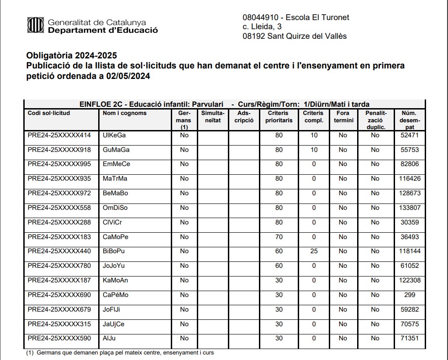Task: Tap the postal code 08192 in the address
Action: pyautogui.click(x=253, y=36)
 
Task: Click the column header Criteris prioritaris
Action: pyautogui.click(x=279, y=117)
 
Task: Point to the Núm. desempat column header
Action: pyautogui.click(x=409, y=120)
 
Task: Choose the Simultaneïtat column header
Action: pyautogui.click(x=213, y=117)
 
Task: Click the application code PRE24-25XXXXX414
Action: pyautogui.click(x=59, y=136)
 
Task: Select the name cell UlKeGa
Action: pyautogui.click(x=114, y=136)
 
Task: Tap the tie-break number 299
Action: pyautogui.click(x=410, y=295)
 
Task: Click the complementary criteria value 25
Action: pyautogui.click(x=314, y=251)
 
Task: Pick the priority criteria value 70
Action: pyautogui.click(x=279, y=237)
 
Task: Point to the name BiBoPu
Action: pyautogui.click(x=115, y=251)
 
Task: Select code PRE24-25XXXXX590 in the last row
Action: pyautogui.click(x=59, y=339)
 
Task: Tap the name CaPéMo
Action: pyautogui.click(x=116, y=295)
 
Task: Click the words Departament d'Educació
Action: pyautogui.click(x=103, y=30)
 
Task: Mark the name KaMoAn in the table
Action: pyautogui.click(x=116, y=280)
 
